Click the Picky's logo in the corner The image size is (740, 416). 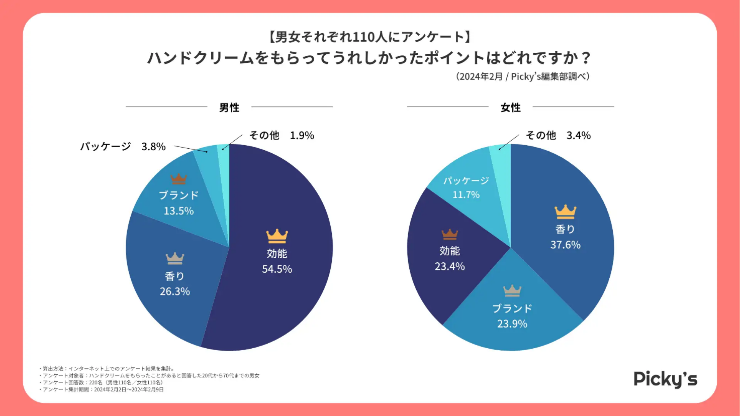click(x=665, y=379)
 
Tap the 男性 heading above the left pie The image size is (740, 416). click(x=229, y=108)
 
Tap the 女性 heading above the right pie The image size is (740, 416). click(x=510, y=108)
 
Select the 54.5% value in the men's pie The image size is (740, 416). click(x=277, y=269)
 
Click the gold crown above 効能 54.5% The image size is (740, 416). click(x=277, y=236)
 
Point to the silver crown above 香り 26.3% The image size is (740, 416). click(x=175, y=258)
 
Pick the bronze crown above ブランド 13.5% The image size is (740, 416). click(x=178, y=178)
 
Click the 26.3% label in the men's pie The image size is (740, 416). click(x=175, y=291)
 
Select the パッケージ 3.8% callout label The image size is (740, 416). click(x=123, y=147)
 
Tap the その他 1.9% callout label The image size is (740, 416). click(x=282, y=136)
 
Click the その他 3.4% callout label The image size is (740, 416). click(x=558, y=136)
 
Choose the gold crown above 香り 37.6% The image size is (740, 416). click(x=565, y=212)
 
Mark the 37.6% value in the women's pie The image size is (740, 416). click(x=566, y=245)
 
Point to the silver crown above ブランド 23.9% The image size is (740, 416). click(x=512, y=290)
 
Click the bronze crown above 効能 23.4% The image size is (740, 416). click(x=449, y=234)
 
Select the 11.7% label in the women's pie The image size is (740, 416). click(x=466, y=194)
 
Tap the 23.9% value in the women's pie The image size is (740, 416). click(x=512, y=324)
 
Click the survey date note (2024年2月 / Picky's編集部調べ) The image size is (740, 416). click(x=523, y=77)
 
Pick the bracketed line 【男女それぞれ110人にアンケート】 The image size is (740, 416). click(x=369, y=37)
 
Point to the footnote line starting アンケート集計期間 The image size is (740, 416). click(x=103, y=389)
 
